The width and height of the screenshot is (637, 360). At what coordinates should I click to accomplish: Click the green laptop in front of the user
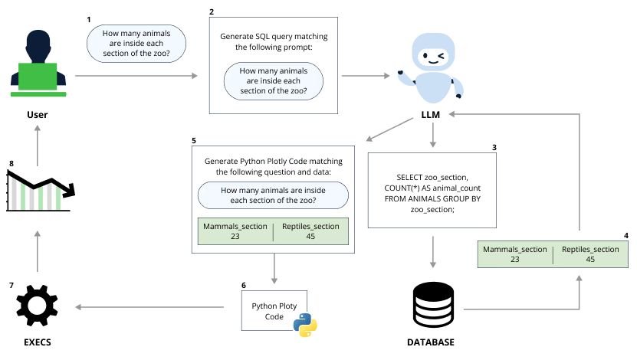click(38, 77)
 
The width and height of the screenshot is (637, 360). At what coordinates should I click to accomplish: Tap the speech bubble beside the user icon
click(136, 43)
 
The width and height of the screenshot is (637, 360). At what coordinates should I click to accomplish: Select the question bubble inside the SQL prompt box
click(274, 81)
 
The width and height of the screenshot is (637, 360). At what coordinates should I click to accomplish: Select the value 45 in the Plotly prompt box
click(310, 237)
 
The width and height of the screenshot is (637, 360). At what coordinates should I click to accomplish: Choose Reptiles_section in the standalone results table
click(589, 250)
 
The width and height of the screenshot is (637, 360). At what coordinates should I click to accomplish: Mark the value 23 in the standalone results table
click(514, 260)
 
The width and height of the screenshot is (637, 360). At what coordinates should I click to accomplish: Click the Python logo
click(305, 325)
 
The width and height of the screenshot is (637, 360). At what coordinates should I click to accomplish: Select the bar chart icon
click(36, 194)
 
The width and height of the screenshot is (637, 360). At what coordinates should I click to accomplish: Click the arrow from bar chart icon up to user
click(37, 146)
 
